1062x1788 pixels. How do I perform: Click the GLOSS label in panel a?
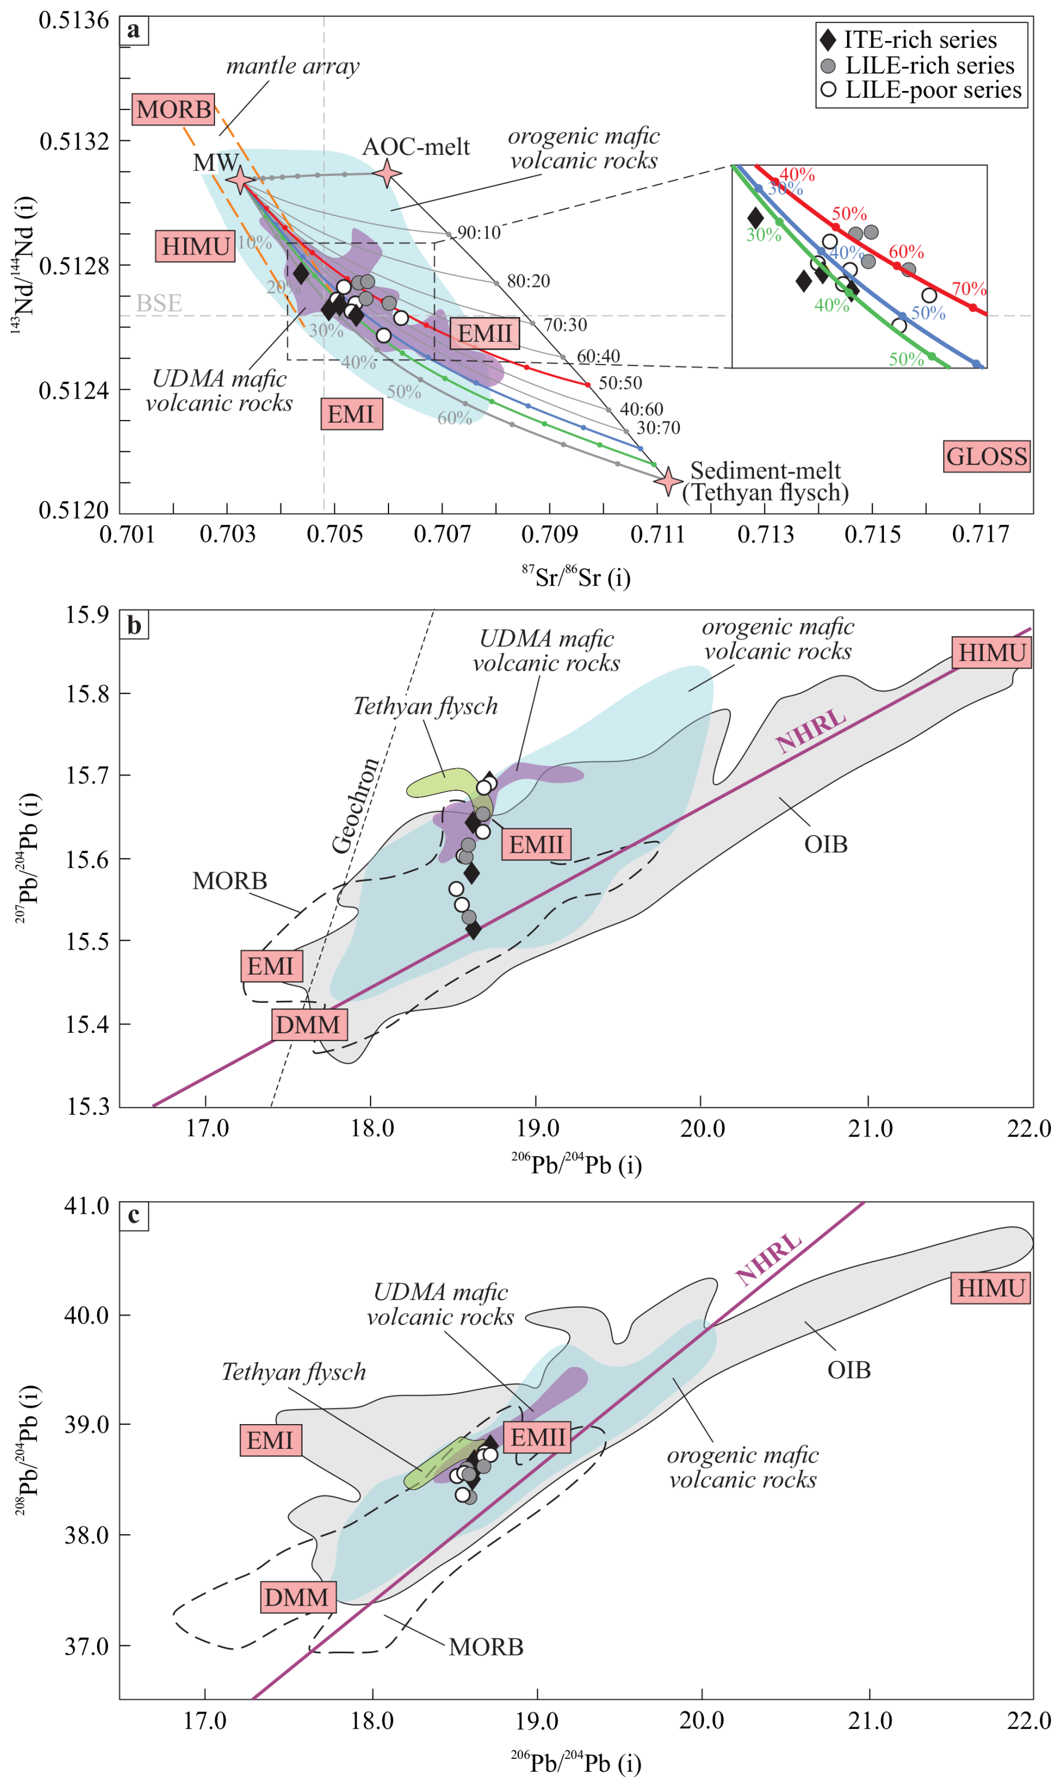986,457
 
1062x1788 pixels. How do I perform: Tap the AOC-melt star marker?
387,172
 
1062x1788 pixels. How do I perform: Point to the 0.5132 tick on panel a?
75,141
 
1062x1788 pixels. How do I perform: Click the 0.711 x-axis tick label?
657,534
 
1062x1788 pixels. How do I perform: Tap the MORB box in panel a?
173,110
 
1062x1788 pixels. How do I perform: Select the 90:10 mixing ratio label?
479,232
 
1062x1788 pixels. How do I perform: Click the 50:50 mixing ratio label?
620,383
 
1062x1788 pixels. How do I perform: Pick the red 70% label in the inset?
968,289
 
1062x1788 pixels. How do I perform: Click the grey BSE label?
159,303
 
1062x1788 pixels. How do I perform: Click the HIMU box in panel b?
991,653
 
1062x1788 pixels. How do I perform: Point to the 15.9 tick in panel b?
88,614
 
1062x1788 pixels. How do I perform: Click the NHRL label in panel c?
768,1259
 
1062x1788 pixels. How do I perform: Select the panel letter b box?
134,626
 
